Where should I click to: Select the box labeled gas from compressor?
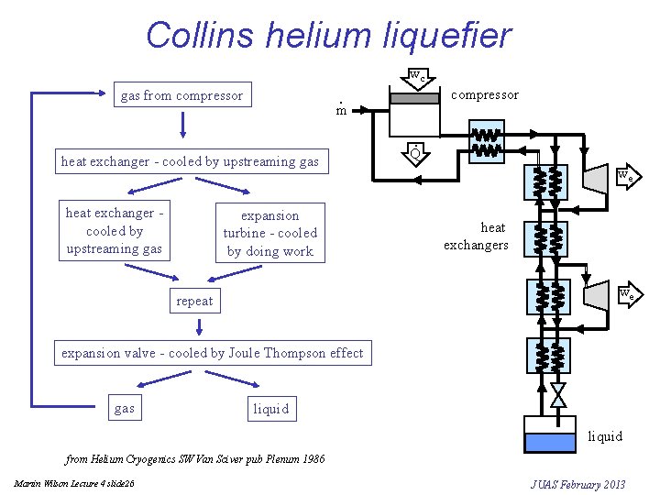182,95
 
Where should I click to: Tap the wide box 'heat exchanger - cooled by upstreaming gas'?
190,161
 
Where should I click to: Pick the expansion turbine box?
269,233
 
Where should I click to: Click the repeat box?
194,301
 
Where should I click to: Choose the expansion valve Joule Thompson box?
213,353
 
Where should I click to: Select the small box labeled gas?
124,409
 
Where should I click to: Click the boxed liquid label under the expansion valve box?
270,409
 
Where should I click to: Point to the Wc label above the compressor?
416,77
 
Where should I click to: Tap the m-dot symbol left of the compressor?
340,110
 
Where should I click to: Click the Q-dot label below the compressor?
415,153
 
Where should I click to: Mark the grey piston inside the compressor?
414,97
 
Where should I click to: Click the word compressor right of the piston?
485,94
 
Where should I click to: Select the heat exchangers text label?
476,236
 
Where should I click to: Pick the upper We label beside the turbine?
624,176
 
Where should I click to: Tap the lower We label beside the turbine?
624,295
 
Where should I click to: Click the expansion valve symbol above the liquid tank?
557,395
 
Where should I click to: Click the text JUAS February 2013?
577,484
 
